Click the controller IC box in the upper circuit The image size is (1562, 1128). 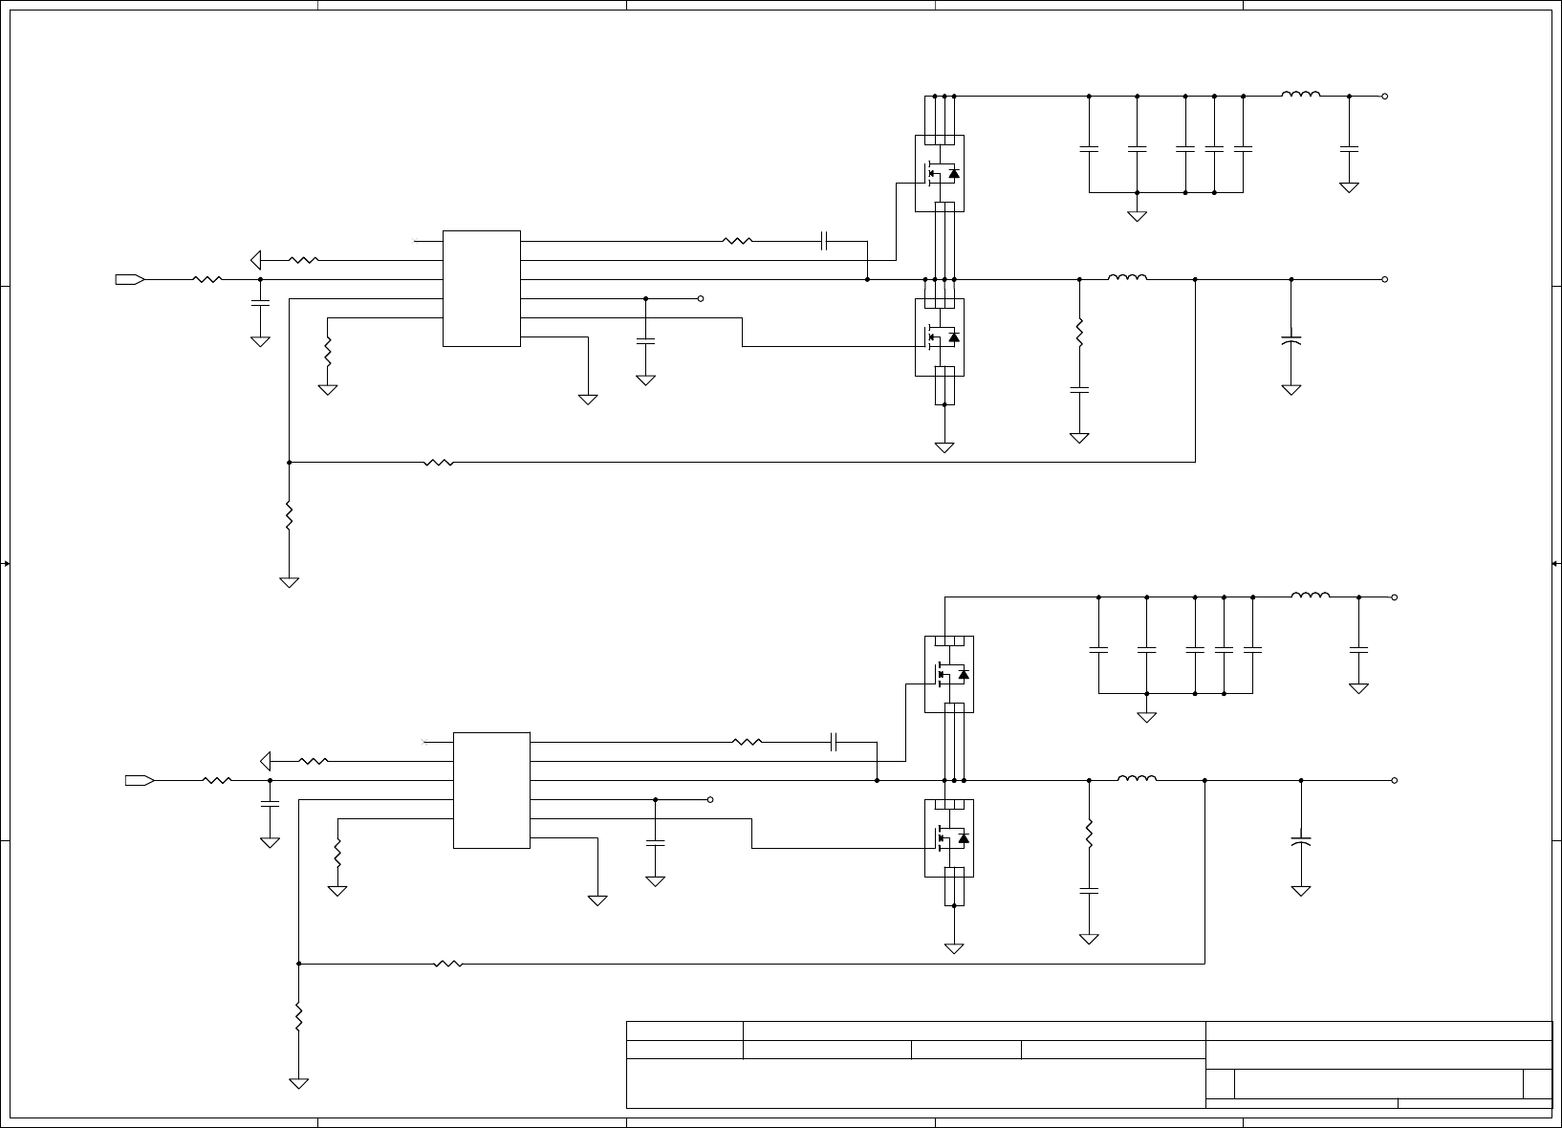(x=482, y=288)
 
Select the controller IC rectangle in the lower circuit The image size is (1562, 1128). (x=491, y=790)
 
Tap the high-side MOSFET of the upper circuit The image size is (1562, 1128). (x=940, y=173)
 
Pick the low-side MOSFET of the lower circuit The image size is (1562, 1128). (x=949, y=837)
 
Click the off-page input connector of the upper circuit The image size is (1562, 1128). (x=129, y=279)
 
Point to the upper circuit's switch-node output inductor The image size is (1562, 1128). (x=1127, y=278)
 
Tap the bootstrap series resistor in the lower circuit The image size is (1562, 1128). (x=747, y=741)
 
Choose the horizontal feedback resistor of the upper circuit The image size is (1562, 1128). (x=438, y=462)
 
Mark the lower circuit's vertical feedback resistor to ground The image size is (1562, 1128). (x=298, y=1015)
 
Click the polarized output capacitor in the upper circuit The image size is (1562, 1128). (x=1291, y=339)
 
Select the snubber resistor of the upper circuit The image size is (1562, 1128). (x=1079, y=332)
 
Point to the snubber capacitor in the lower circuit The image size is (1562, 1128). (x=1089, y=890)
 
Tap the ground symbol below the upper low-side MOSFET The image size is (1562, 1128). (x=944, y=446)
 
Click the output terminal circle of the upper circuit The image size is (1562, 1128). (x=1384, y=279)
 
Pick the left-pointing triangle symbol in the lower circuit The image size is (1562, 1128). (x=266, y=761)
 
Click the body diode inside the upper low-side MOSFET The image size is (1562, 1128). (x=953, y=336)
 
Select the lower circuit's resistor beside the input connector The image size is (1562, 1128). (x=217, y=780)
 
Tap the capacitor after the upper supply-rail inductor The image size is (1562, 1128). (x=1349, y=149)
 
